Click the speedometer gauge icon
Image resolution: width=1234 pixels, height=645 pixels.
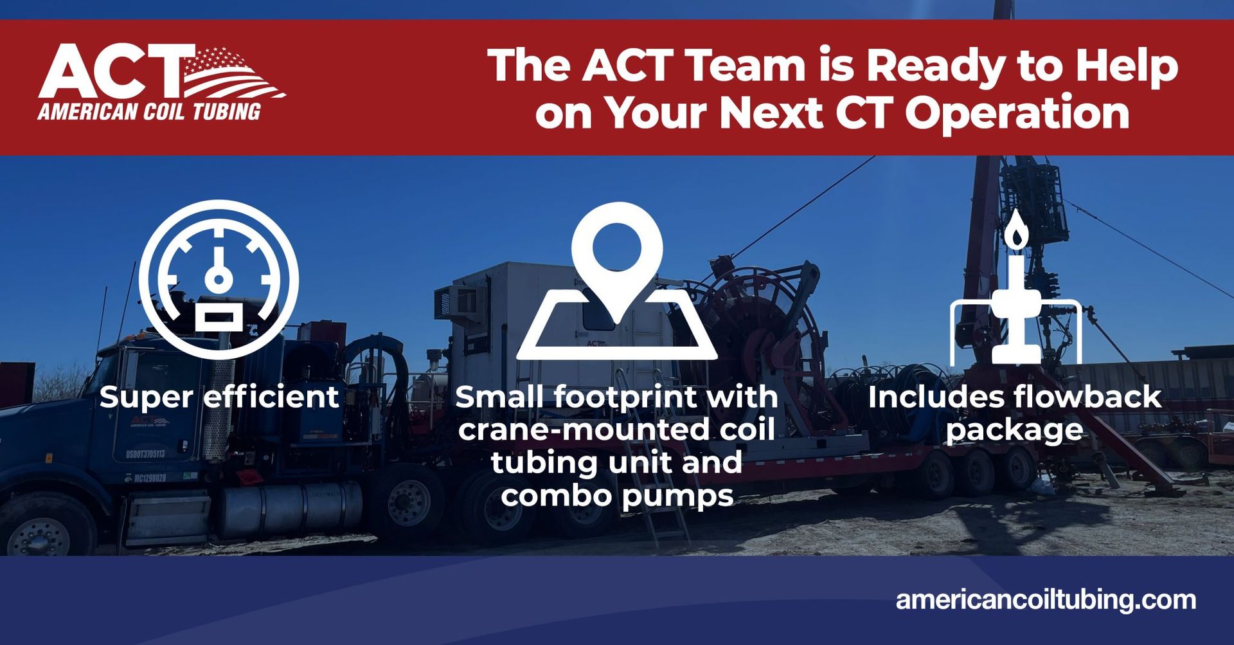click(x=219, y=280)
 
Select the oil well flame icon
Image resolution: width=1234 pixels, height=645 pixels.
click(x=1015, y=289)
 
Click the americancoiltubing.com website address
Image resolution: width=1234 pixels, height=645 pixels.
click(x=1046, y=600)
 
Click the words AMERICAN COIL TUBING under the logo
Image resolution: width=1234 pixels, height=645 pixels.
click(x=149, y=112)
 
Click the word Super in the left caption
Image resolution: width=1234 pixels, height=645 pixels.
click(x=146, y=397)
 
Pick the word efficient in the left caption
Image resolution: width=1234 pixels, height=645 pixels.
click(x=271, y=396)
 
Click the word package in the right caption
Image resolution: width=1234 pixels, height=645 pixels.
click(x=1014, y=430)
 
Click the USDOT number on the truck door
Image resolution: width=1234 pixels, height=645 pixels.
click(x=145, y=454)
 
